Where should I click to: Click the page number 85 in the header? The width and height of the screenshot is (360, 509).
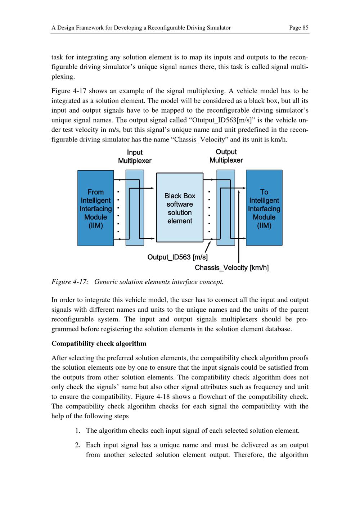click(305, 28)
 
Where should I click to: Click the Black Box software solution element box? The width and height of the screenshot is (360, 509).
click(180, 208)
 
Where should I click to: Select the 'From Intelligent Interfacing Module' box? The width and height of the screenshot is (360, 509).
click(95, 208)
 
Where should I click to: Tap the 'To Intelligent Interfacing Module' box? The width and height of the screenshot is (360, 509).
click(264, 208)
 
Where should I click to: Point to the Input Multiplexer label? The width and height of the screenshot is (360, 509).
click(135, 157)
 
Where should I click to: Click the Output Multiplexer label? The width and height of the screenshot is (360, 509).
click(226, 156)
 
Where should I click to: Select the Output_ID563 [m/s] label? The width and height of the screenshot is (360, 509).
click(177, 257)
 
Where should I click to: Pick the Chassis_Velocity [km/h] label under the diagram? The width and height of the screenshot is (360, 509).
click(231, 268)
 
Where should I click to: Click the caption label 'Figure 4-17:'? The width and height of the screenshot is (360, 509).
click(70, 282)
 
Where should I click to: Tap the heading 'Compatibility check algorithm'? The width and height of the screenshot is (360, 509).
click(99, 343)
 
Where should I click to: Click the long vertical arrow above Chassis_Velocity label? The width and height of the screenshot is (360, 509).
click(239, 227)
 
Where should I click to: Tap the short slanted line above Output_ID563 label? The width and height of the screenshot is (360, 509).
click(207, 248)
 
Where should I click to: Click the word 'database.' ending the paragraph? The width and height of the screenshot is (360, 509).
click(278, 329)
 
